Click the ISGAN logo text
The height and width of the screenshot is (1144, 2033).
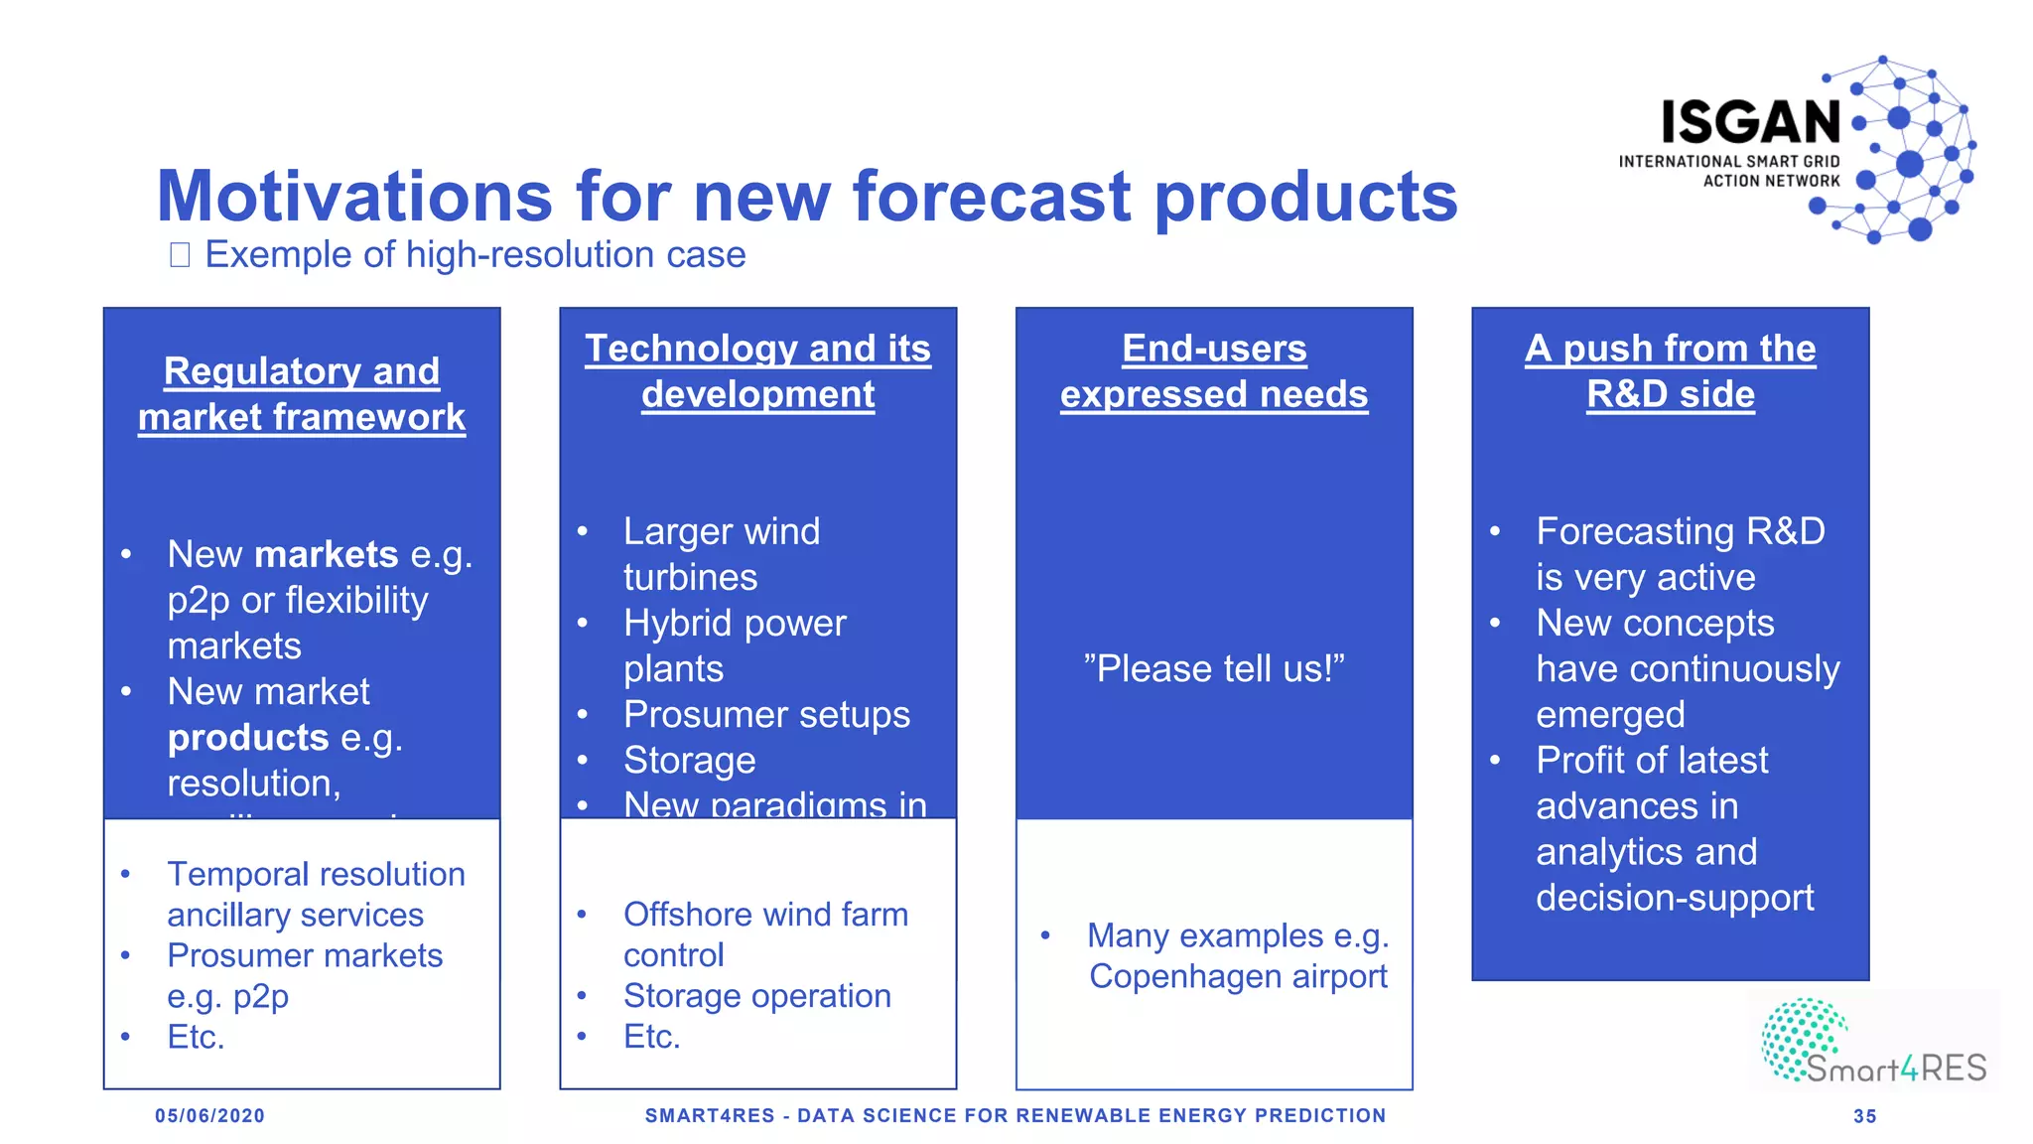(x=1751, y=123)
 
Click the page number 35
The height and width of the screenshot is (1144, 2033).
(x=1864, y=1116)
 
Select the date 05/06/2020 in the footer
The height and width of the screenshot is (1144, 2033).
(x=209, y=1116)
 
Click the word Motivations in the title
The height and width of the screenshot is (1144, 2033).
(x=353, y=196)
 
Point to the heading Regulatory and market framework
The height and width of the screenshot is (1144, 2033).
(x=302, y=394)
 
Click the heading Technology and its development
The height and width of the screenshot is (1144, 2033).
(x=757, y=371)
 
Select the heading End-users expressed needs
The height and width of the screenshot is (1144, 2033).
(x=1213, y=371)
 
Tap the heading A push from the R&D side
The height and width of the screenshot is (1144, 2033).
(x=1670, y=371)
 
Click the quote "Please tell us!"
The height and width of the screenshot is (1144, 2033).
(x=1213, y=668)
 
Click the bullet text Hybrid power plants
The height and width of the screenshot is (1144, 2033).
(x=735, y=645)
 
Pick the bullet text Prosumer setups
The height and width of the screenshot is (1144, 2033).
(x=766, y=714)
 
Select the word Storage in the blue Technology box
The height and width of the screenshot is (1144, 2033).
(x=689, y=761)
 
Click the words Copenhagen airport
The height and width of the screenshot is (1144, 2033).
(x=1238, y=976)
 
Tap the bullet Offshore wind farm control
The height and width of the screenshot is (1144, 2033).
(x=764, y=933)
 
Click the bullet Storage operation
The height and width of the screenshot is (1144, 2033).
(x=756, y=995)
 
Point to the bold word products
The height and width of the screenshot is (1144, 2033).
(x=247, y=738)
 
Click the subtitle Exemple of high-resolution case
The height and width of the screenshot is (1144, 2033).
(x=474, y=255)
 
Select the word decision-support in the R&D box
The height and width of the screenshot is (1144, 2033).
(x=1674, y=898)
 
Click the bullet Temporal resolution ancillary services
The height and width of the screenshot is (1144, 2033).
(x=315, y=894)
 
